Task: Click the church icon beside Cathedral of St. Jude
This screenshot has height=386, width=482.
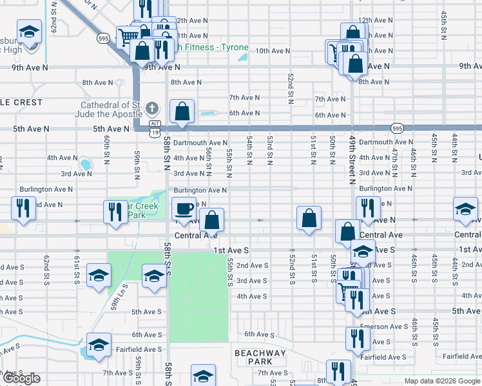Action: coord(152,107)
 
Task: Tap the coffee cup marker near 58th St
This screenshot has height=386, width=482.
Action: coord(184,209)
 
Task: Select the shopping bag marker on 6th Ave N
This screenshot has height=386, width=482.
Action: coord(182,111)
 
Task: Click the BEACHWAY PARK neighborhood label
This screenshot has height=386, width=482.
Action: coord(260,358)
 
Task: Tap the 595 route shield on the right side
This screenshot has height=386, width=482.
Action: coord(397,128)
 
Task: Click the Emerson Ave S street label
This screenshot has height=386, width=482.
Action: coord(383,326)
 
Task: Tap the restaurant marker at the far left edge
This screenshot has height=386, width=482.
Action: coord(21,208)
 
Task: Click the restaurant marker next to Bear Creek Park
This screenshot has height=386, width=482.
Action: coord(115,212)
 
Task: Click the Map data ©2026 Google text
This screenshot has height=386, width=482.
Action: coord(441,381)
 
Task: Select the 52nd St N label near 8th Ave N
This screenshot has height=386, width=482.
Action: coord(291,82)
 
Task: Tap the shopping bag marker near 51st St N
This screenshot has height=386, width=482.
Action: coord(309,217)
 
